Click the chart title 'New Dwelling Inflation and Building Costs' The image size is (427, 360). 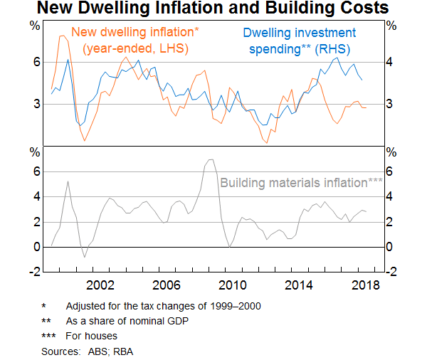point(213,9)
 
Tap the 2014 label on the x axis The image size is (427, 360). point(298,285)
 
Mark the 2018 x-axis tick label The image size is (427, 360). point(364,285)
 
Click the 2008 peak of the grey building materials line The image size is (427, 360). point(211,159)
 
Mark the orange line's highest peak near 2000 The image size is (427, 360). point(63,36)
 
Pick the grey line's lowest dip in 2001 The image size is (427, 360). point(85,257)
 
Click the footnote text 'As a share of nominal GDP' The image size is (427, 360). point(122,320)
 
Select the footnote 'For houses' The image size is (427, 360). point(92,335)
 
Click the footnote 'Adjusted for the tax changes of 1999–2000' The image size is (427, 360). point(164,306)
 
